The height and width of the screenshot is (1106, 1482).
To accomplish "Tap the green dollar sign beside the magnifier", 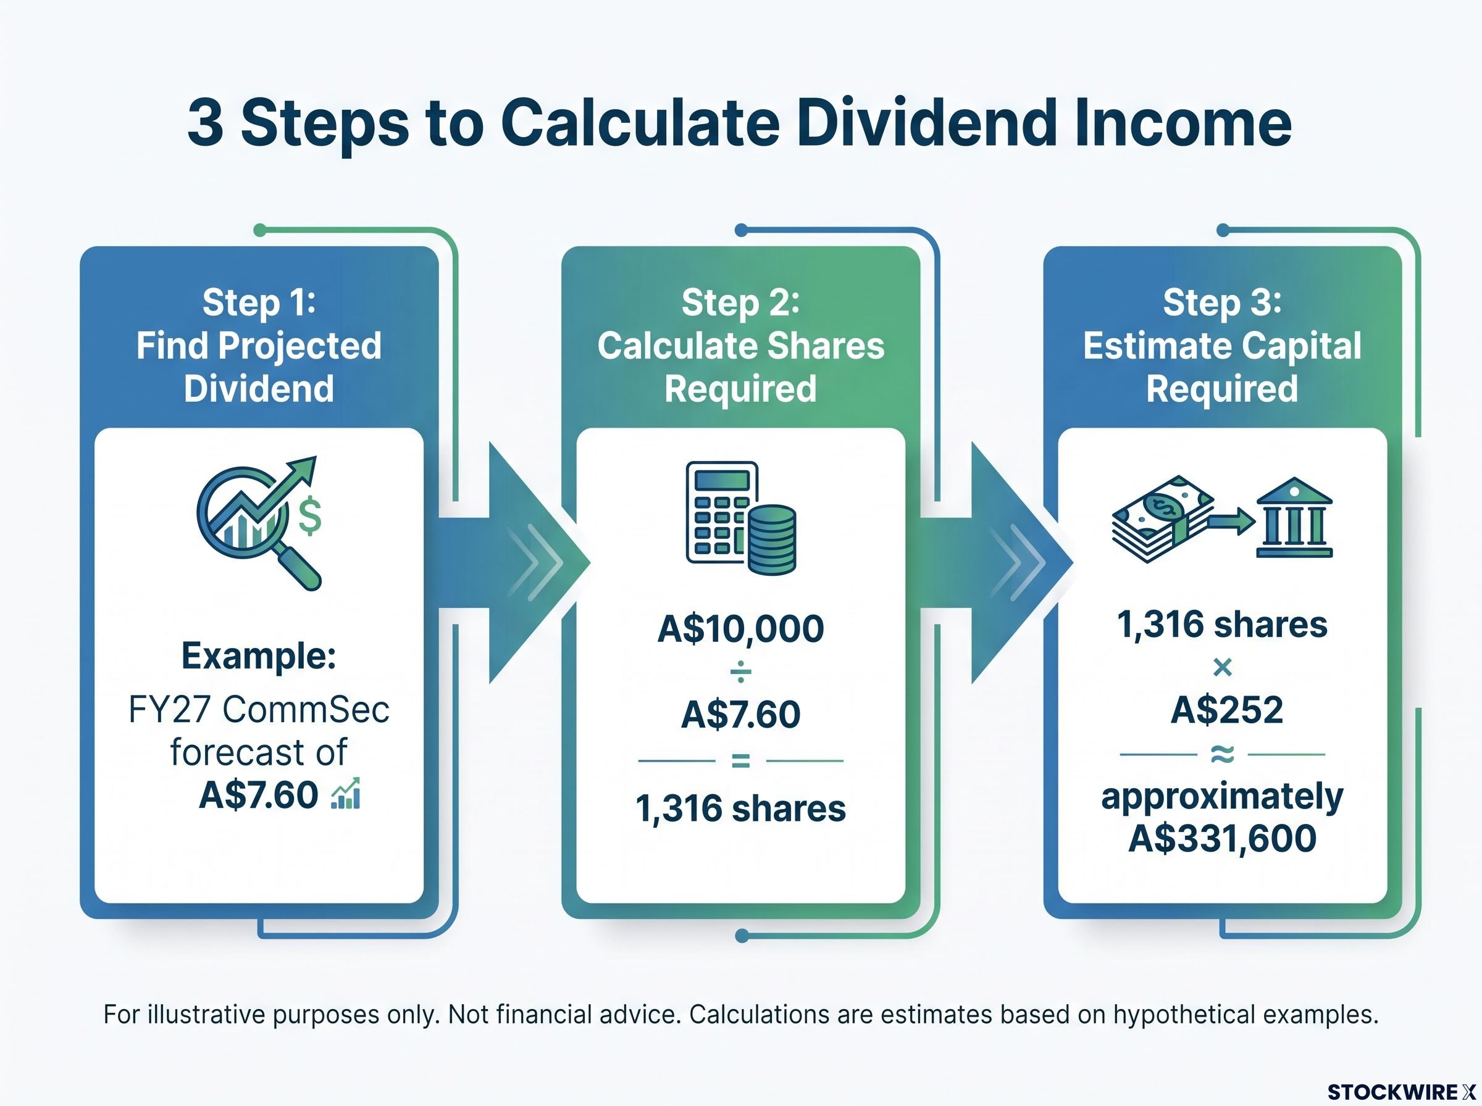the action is pos(309,515).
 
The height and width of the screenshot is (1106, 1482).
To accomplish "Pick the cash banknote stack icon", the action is pos(1163,519).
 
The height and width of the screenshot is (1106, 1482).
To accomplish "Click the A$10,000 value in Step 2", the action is pos(740,629).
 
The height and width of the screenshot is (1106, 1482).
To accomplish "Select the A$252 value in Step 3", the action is pos(1227,710).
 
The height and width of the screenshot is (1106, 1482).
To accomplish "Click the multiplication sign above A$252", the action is pos(1222,667).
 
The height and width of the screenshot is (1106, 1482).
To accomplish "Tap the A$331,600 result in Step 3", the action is pos(1222,838).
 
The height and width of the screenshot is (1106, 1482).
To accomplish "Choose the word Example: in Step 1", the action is pos(259,655).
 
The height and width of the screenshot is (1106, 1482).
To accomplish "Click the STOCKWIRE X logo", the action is pos(1402,1092).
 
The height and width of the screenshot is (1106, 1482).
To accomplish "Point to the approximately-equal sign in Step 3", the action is pos(1222,755).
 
